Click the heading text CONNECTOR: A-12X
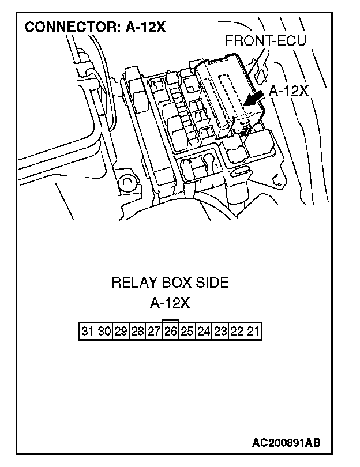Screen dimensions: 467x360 point(95,27)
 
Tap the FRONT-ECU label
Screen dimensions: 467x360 point(265,41)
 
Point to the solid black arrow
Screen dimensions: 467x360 point(252,99)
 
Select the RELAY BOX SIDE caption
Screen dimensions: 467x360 point(170,283)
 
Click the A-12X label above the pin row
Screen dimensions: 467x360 point(170,303)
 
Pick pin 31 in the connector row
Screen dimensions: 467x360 point(88,332)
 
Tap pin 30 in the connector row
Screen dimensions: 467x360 point(104,332)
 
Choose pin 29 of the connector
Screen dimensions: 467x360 point(121,332)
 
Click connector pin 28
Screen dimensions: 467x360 point(137,332)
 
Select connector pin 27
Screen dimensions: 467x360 point(154,332)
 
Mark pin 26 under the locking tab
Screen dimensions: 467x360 point(170,332)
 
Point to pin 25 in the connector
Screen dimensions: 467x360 point(187,332)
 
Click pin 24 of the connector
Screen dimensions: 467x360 point(204,332)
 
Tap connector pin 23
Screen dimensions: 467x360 point(220,332)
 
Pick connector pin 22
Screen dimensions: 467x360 point(237,332)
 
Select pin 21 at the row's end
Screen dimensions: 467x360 point(254,332)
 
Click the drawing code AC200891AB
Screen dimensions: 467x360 point(286,443)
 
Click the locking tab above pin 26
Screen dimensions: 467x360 point(171,321)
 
